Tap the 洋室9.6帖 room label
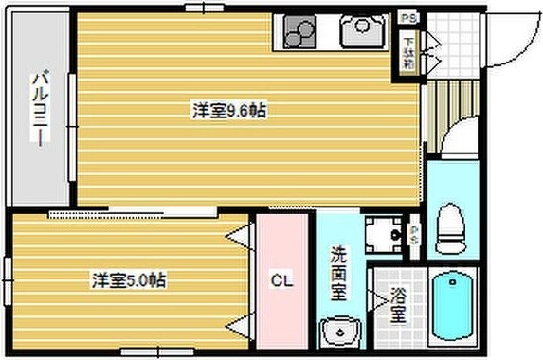click(x=228, y=111)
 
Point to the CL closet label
click(x=281, y=280)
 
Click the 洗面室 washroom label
click(x=338, y=274)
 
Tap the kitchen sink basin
click(x=360, y=34)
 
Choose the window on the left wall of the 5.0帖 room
click(x=8, y=281)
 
